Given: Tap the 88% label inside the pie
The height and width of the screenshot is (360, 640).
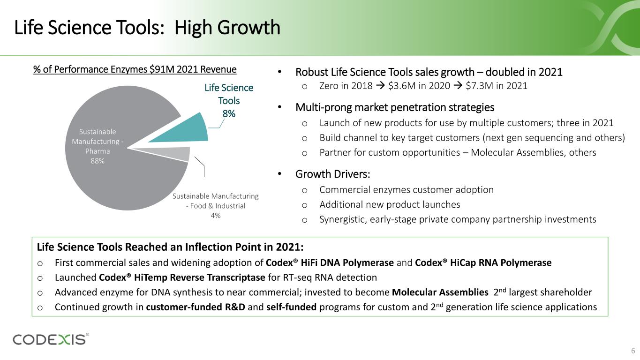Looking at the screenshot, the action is tap(98, 161).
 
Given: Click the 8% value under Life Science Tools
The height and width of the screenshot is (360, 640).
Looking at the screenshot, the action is tap(229, 114).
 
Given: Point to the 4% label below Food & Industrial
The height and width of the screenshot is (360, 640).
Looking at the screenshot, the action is tap(216, 216).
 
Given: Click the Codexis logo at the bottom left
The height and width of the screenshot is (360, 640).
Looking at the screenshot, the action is tap(51, 339).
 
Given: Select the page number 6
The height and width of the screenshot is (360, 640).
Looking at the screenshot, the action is tap(633, 351).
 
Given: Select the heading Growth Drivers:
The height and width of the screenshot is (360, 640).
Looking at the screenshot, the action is tap(332, 174).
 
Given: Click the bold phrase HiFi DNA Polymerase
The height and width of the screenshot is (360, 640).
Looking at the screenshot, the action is tap(347, 262).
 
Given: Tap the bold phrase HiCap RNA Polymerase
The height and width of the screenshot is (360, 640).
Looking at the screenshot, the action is tap(501, 262).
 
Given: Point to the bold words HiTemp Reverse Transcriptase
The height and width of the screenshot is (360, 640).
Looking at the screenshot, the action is tap(199, 277).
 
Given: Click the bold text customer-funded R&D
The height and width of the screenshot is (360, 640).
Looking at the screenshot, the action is tap(196, 307).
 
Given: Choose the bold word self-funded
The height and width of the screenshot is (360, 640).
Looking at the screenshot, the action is tap(292, 307).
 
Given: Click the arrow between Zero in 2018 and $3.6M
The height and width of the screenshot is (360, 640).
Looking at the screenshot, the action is tap(380, 86).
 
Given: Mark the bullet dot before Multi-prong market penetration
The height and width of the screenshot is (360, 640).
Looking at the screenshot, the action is tap(280, 107).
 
